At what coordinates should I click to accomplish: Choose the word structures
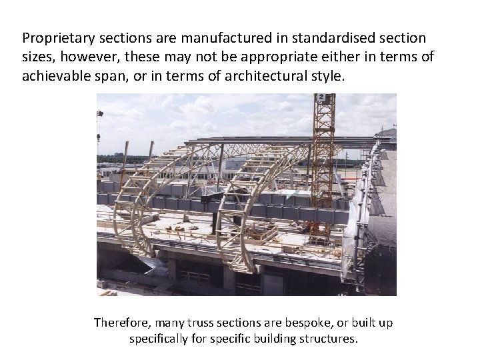[329, 339]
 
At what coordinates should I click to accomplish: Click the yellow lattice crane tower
[323, 160]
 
